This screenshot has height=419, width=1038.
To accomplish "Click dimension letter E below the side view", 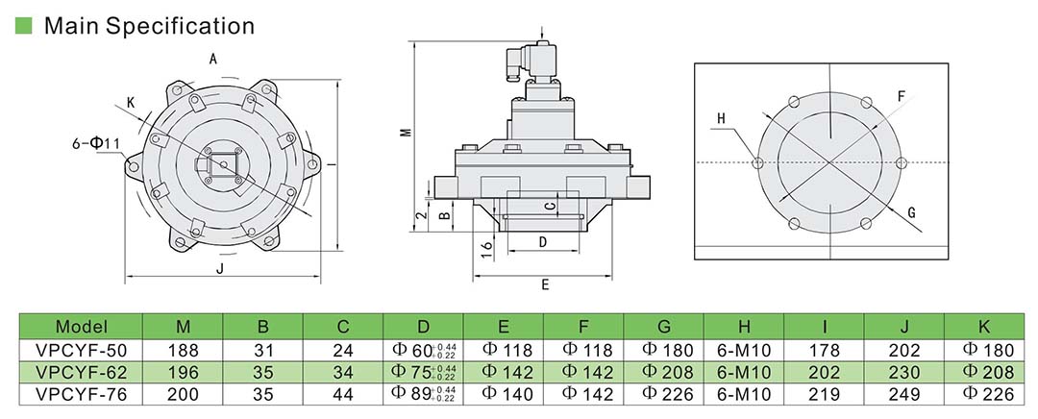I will tap(545, 284).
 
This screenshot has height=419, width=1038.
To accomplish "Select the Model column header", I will tap(81, 326).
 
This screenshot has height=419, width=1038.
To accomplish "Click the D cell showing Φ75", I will tap(422, 371).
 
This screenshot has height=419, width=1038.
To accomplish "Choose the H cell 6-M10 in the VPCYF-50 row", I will tap(743, 349).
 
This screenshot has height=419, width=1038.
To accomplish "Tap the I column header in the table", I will tap(824, 326).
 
